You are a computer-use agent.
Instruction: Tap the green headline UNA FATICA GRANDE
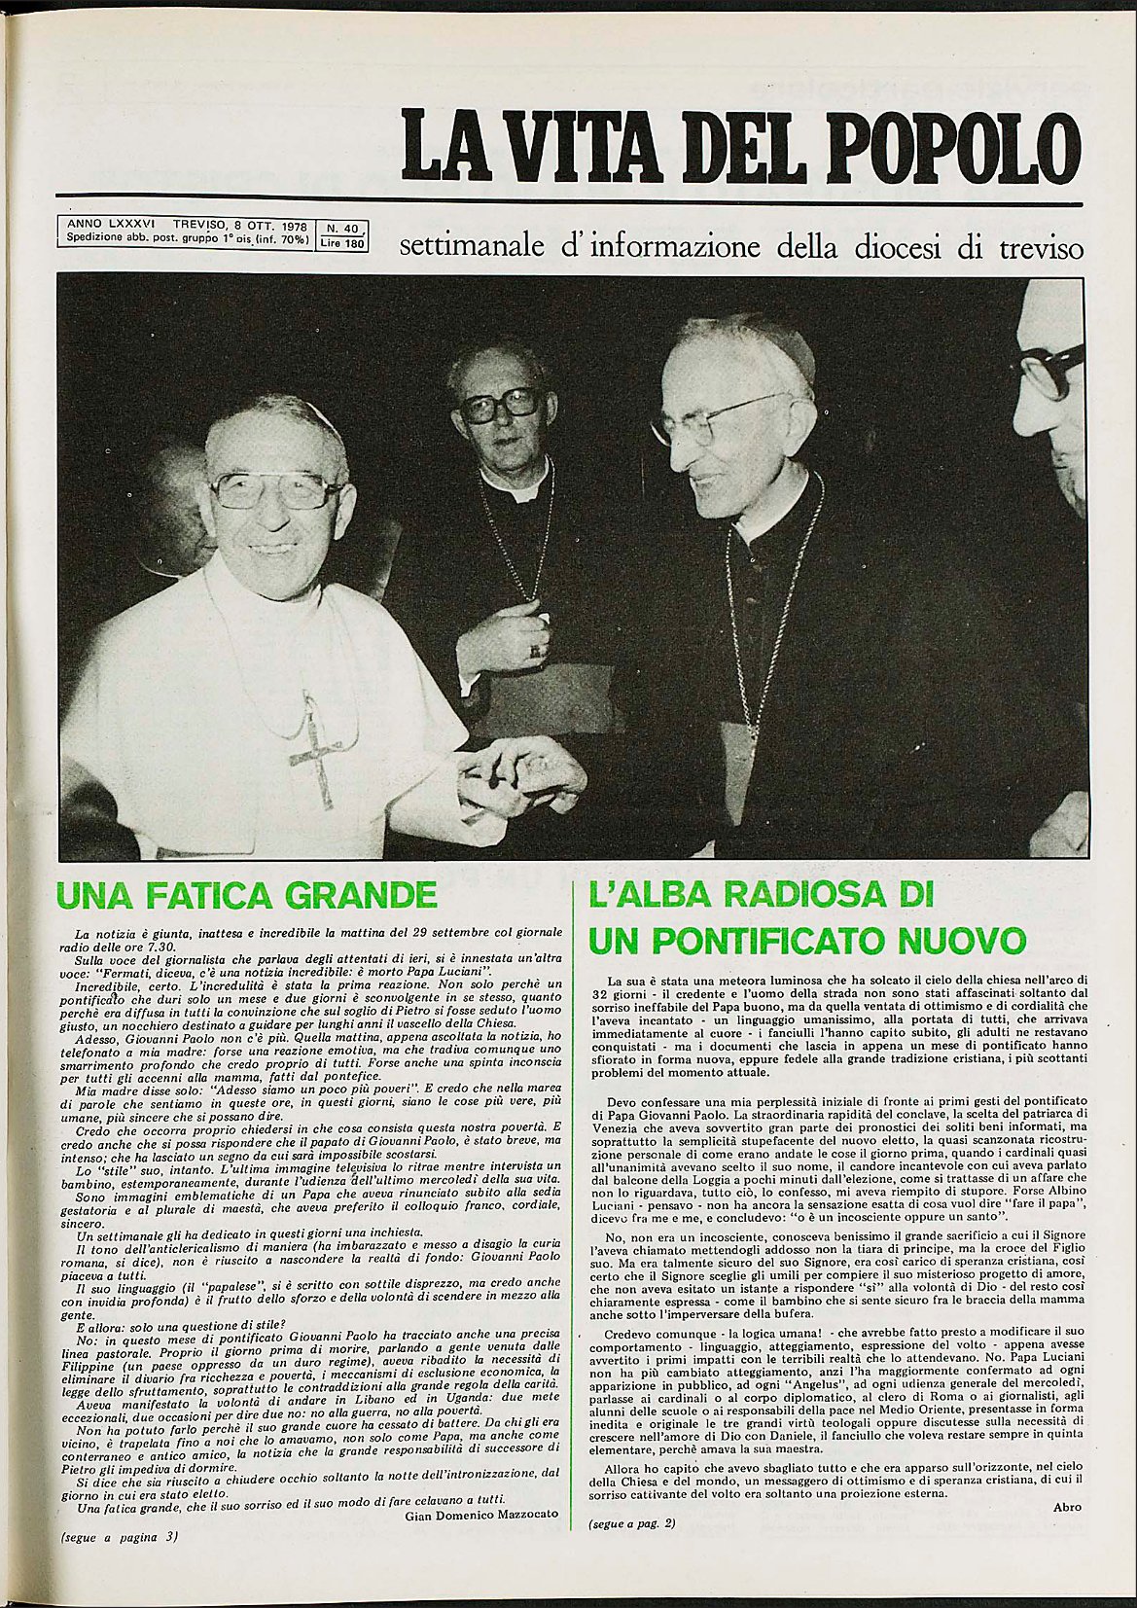pos(247,894)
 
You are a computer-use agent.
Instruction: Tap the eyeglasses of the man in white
pos(276,489)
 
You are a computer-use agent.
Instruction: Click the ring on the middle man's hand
pos(533,650)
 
